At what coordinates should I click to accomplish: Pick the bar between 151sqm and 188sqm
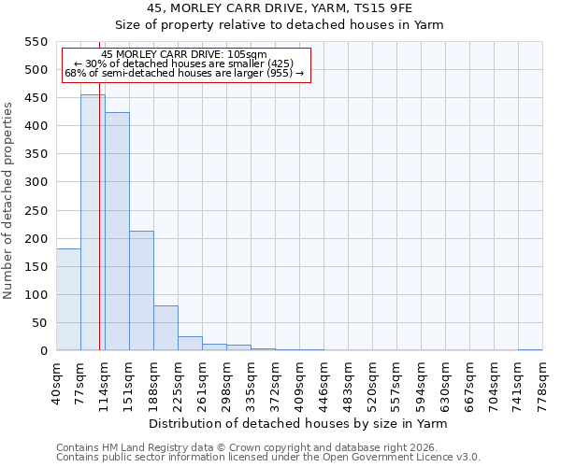click(x=141, y=290)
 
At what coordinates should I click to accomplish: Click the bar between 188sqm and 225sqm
click(x=165, y=328)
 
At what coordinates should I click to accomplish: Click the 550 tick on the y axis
click(x=35, y=42)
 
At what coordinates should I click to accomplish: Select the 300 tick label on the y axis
click(x=35, y=182)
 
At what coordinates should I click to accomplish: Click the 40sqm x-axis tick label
click(x=56, y=379)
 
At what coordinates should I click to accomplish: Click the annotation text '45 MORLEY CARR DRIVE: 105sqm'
click(x=184, y=55)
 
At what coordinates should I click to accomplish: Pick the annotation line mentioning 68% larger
click(x=184, y=73)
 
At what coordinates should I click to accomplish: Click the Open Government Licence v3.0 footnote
click(x=268, y=457)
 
